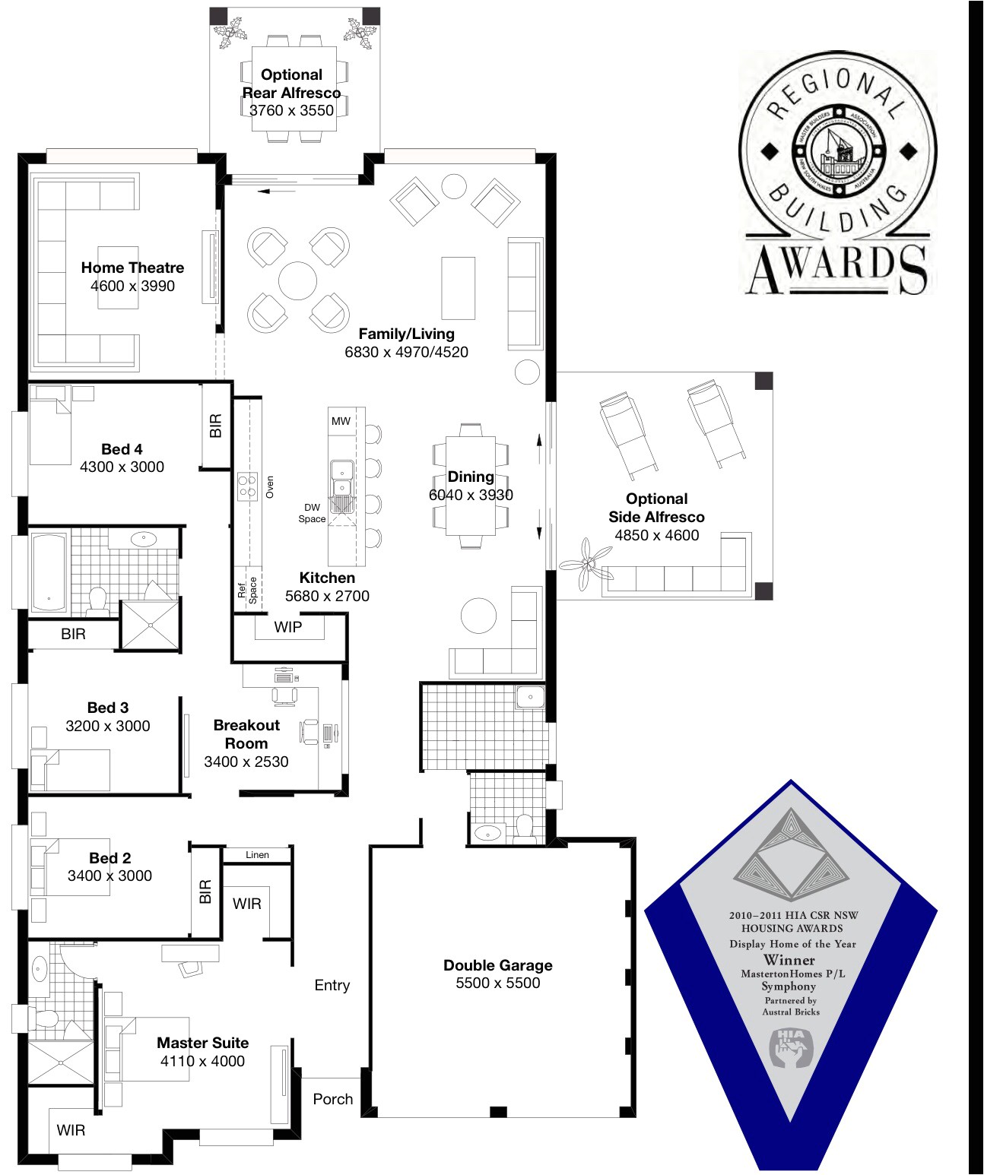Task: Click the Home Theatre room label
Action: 132,268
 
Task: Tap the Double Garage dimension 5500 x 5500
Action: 498,983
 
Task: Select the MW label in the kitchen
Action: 341,421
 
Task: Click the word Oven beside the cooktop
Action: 270,487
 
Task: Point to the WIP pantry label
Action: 288,627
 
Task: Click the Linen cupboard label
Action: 257,855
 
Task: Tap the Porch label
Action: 333,1099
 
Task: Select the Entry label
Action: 332,985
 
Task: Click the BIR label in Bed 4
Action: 216,426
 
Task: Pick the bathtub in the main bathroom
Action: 49,572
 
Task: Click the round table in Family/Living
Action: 297,280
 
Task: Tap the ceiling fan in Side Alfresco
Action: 586,564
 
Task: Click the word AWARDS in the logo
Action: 836,268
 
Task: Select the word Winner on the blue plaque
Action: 790,959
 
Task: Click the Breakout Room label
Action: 246,734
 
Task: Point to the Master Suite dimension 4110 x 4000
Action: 202,1061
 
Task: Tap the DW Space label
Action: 312,513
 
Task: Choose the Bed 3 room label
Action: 108,708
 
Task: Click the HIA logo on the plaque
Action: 791,1047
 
